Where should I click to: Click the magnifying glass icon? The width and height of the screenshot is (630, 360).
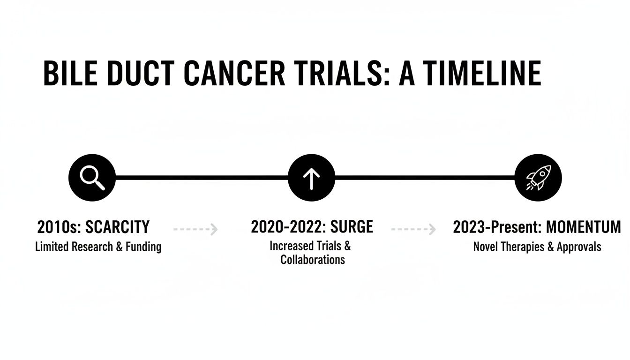click(92, 178)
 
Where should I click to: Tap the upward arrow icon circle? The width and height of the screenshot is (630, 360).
click(311, 178)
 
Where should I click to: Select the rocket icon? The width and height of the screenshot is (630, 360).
click(538, 178)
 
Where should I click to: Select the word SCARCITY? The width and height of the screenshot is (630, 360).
click(118, 227)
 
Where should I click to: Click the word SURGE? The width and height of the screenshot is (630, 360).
click(352, 227)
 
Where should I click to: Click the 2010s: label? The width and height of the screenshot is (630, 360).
click(59, 227)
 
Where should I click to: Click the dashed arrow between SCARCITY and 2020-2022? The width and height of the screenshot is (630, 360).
click(195, 229)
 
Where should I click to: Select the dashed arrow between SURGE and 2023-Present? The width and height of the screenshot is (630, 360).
click(413, 229)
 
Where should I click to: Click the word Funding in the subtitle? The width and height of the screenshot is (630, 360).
click(142, 247)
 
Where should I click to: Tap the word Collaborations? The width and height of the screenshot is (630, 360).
click(313, 260)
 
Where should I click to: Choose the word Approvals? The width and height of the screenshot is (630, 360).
click(579, 247)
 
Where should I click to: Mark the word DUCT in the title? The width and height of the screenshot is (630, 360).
click(137, 74)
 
